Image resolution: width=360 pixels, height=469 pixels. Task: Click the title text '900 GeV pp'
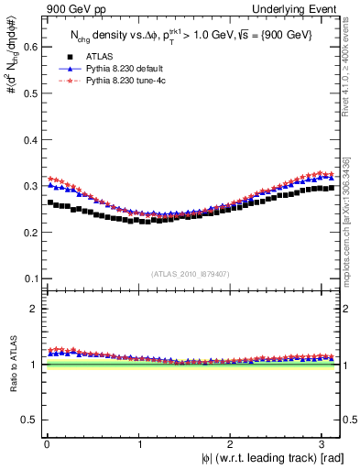click(71, 8)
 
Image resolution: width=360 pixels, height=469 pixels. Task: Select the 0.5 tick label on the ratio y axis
click(29, 420)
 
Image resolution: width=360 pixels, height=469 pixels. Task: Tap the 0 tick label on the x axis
click(46, 444)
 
